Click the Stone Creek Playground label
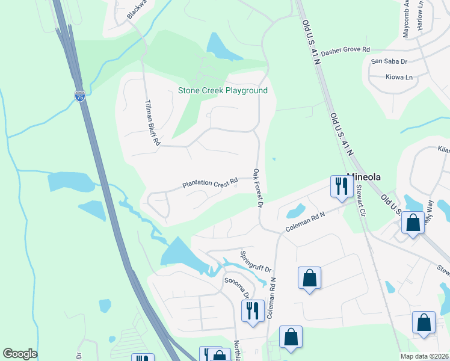(223, 91)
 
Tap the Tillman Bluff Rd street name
(151, 123)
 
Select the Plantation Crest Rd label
(211, 181)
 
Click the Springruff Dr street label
(256, 262)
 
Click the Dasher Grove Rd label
(345, 52)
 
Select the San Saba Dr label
(389, 61)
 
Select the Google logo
(20, 354)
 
